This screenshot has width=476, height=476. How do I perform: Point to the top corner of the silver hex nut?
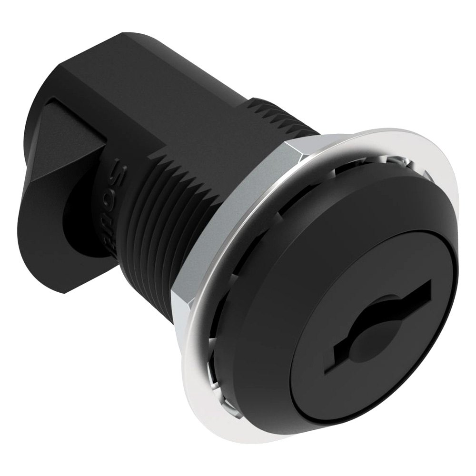[286, 143]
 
